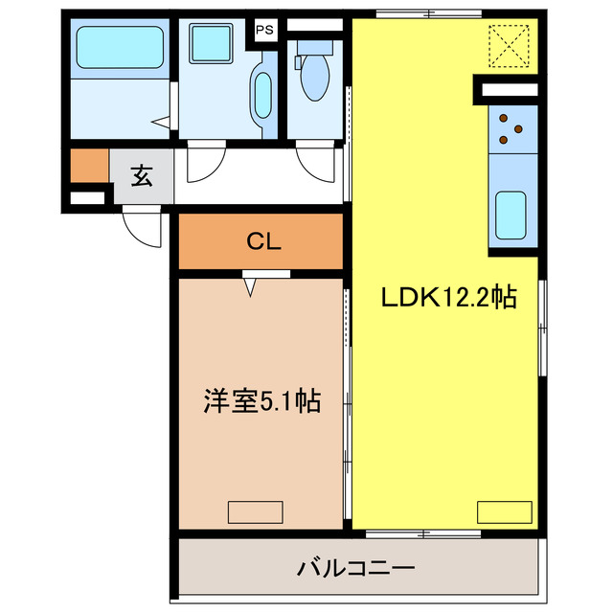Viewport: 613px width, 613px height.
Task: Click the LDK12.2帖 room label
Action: point(449,298)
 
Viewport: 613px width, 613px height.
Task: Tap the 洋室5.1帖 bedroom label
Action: point(261,401)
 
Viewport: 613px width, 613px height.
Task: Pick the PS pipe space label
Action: point(265,29)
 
